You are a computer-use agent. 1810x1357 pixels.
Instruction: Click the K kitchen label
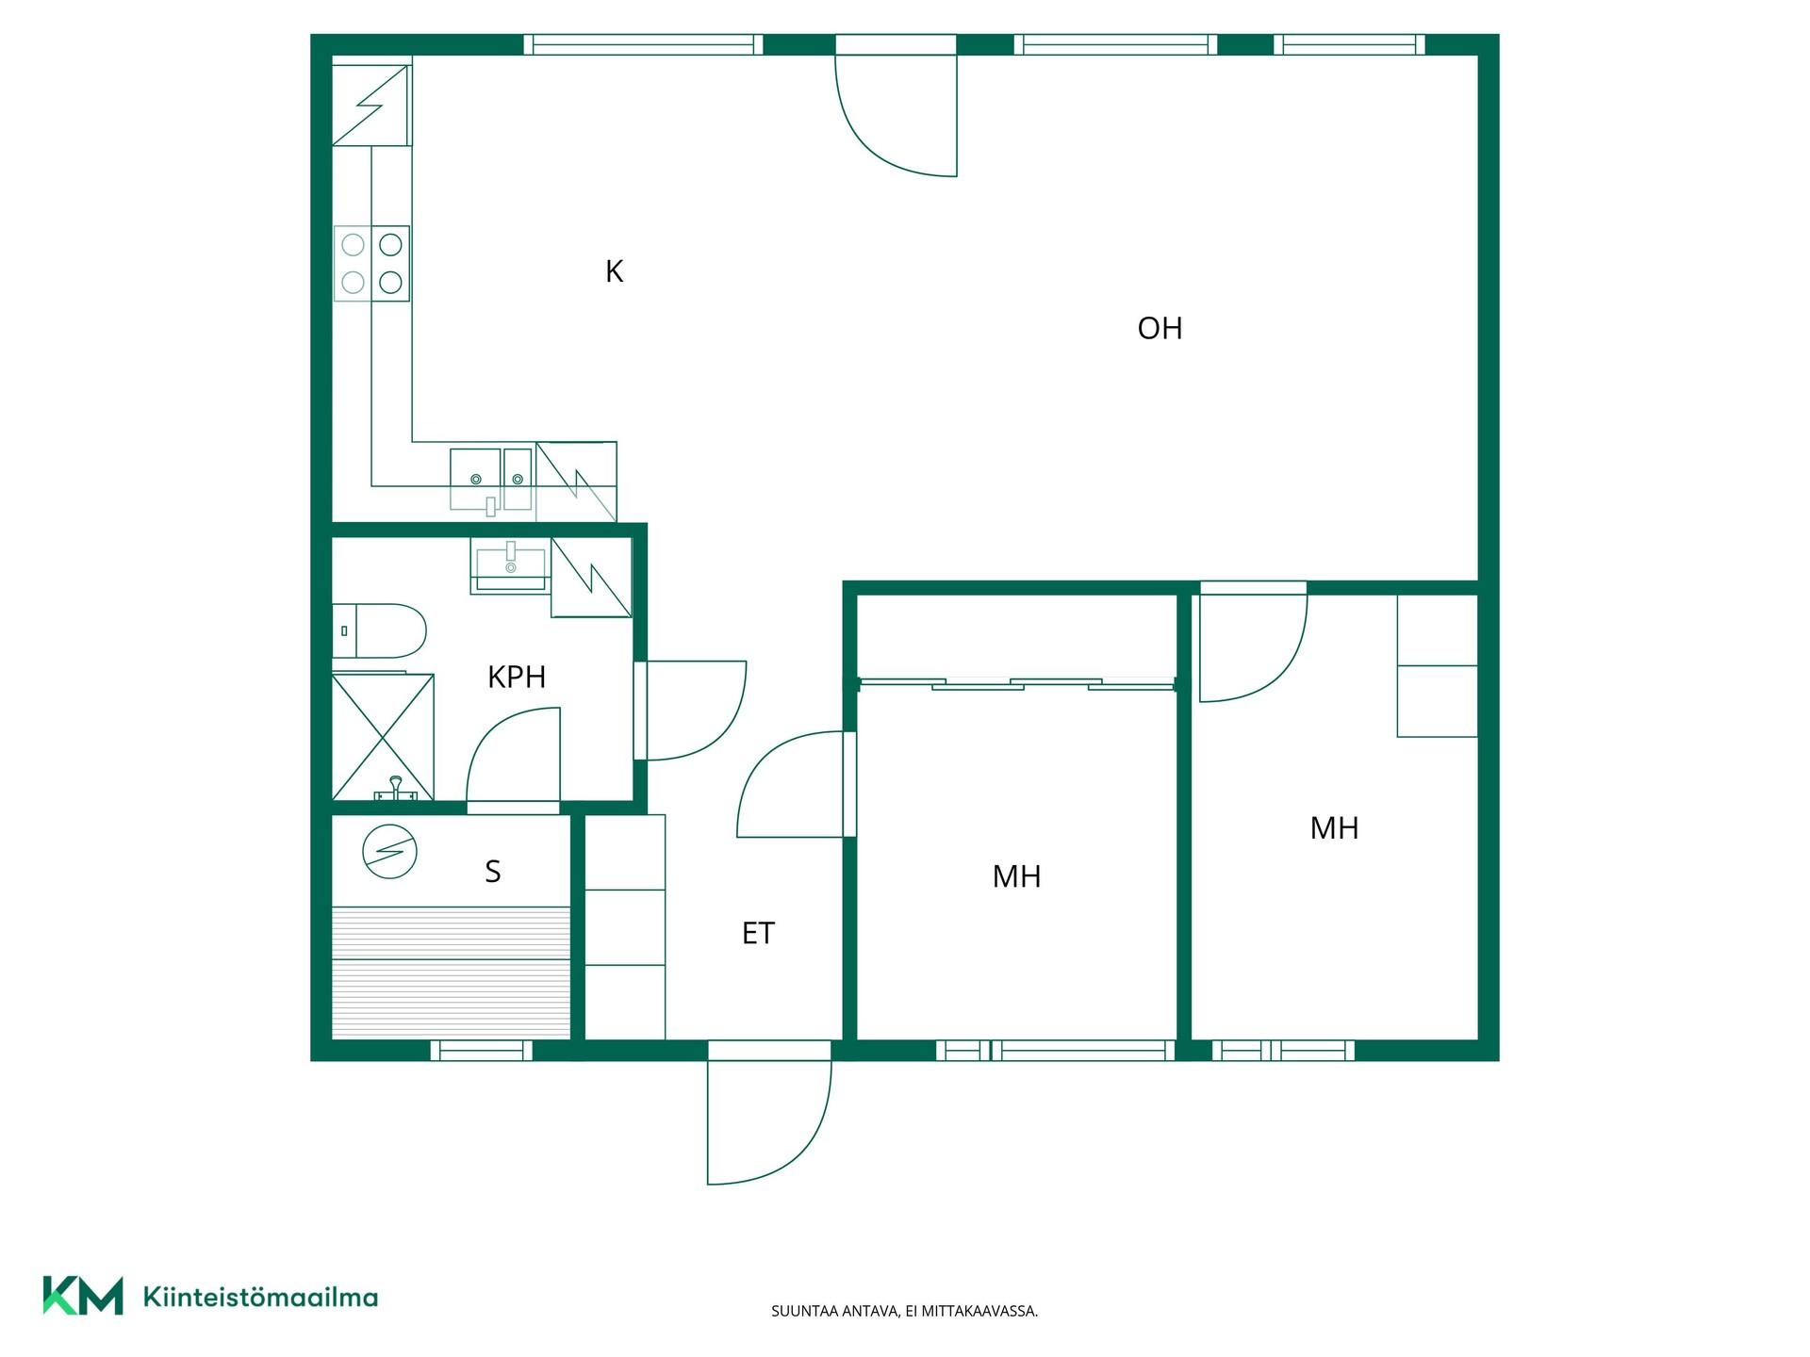click(614, 271)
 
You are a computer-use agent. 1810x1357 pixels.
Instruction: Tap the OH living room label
click(1160, 328)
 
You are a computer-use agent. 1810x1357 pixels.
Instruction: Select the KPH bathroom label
click(517, 677)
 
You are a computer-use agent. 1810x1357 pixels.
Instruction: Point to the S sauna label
click(492, 872)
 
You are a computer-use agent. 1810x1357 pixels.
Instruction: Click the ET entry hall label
click(758, 933)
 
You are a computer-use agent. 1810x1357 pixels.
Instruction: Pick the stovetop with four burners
click(371, 263)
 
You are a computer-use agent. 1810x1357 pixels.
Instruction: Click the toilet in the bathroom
click(379, 630)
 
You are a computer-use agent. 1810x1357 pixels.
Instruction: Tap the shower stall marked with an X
click(383, 737)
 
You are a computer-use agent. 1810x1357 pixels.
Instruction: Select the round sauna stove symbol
click(389, 853)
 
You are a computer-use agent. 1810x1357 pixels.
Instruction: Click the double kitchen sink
click(491, 480)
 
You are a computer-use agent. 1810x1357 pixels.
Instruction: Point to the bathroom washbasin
click(510, 564)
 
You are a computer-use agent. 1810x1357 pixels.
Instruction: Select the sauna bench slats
click(452, 973)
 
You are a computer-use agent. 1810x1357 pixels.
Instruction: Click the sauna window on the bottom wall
click(482, 1050)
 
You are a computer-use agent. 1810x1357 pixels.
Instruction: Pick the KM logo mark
click(83, 1296)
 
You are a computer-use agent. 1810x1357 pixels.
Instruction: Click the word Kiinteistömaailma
click(260, 1297)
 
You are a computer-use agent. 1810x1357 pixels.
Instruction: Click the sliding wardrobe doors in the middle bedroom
click(1016, 683)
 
